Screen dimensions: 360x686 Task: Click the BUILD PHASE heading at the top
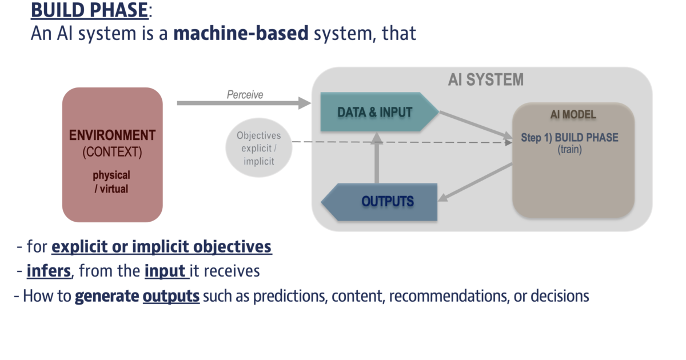[x=90, y=10]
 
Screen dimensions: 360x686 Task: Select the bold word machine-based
[x=241, y=34]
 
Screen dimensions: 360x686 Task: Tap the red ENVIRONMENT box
[x=113, y=154]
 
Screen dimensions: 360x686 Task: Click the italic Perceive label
[x=245, y=95]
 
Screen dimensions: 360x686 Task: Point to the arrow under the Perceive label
[x=243, y=103]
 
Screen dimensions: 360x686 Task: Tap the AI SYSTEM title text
[x=485, y=80]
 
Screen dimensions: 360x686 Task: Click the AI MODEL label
[x=573, y=115]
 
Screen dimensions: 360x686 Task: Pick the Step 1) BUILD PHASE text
[x=569, y=138]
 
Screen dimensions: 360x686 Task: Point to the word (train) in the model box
[x=569, y=149]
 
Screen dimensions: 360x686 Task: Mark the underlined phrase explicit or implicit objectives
[x=161, y=247]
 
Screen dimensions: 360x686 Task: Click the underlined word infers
[x=49, y=271]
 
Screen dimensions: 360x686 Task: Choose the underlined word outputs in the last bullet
[x=171, y=297]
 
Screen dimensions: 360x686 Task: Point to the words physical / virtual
[x=112, y=182]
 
